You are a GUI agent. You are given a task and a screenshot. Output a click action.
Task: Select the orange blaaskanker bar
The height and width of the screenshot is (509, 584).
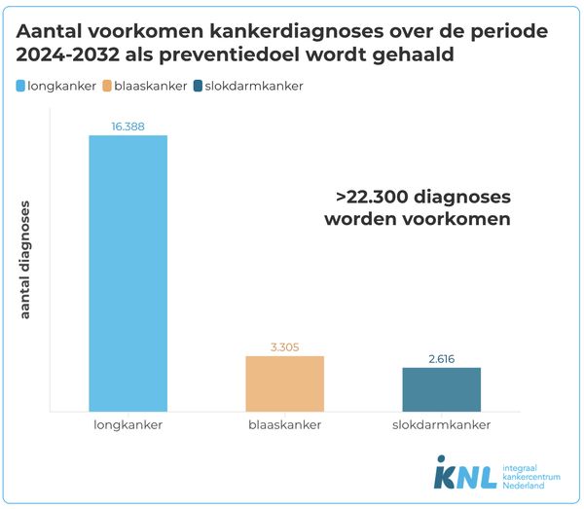[284, 383]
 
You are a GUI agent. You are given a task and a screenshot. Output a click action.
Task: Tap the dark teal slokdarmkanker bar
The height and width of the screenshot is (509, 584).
[441, 388]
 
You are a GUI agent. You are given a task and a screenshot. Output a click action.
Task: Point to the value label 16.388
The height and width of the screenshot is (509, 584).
[128, 126]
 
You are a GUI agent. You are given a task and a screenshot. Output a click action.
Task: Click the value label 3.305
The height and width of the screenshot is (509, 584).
[284, 346]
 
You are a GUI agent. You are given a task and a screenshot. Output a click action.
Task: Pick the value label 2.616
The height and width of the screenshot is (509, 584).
[441, 358]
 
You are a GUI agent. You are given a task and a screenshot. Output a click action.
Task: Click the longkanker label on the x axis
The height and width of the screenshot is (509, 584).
[128, 425]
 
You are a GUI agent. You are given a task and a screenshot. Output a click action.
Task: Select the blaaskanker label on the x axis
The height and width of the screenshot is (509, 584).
[284, 425]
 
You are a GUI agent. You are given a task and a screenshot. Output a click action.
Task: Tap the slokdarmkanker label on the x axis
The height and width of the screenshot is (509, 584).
[441, 425]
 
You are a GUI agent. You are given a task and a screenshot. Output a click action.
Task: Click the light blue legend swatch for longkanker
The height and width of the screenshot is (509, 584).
[23, 86]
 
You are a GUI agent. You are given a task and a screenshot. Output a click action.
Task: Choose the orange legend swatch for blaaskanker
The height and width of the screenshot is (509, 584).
[107, 86]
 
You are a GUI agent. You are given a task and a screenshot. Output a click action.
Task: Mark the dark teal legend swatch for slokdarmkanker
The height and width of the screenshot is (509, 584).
[200, 86]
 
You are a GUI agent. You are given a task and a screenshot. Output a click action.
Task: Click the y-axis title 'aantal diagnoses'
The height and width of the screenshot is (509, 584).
[26, 259]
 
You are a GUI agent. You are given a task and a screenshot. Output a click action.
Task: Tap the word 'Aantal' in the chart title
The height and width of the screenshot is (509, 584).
[51, 31]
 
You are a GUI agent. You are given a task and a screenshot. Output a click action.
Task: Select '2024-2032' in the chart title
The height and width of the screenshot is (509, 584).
[65, 56]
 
